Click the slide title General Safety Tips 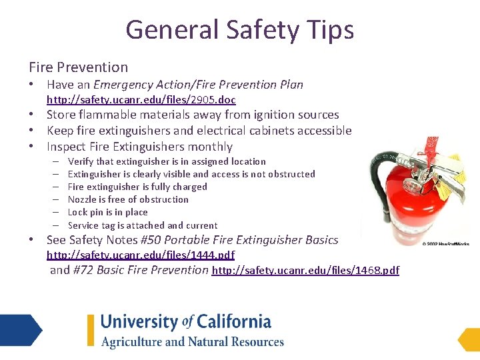pos(239,30)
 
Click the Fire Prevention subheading pos(78,67)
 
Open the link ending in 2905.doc pos(141,100)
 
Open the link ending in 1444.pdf pos(140,255)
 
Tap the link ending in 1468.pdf pos(305,270)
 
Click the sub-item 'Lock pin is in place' pos(108,212)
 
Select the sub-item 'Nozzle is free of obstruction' pos(128,199)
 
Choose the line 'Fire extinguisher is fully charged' pos(137,187)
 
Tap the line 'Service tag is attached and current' pos(143,225)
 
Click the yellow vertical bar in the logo pos(91,330)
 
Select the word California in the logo pos(233,321)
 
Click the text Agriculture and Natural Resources pos(192,342)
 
